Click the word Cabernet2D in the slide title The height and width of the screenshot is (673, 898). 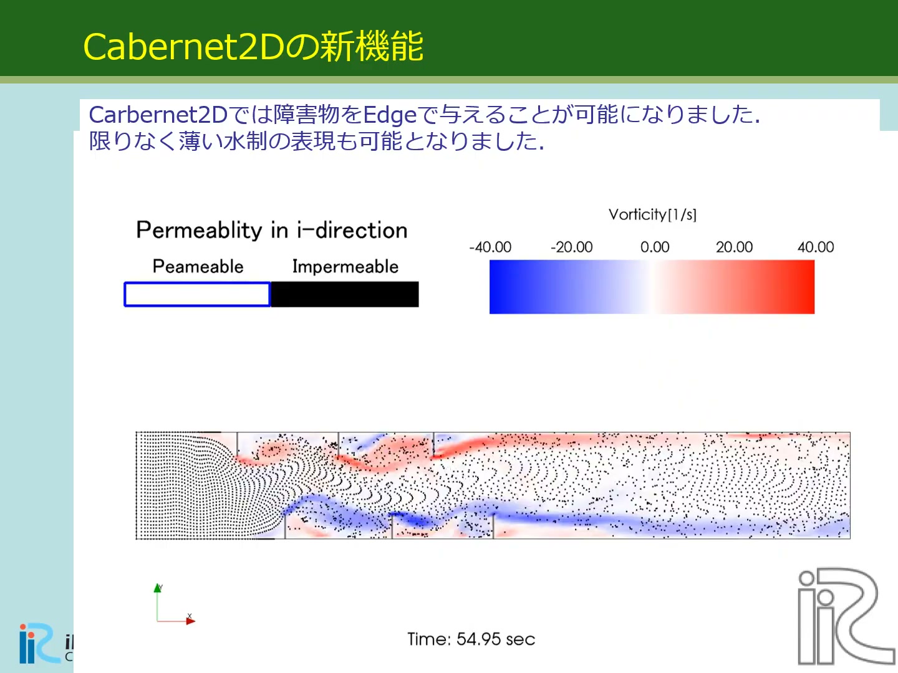click(184, 47)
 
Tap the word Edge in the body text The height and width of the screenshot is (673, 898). click(390, 115)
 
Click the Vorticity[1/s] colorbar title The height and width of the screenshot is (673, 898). click(652, 214)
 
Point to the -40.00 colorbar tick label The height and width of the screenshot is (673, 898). click(490, 247)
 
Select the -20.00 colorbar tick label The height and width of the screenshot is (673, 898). click(571, 247)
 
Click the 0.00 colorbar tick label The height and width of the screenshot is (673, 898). click(655, 247)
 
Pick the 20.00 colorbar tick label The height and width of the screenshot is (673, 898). click(735, 247)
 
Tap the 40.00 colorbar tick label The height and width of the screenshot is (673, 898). click(816, 247)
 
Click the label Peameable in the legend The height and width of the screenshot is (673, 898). click(198, 267)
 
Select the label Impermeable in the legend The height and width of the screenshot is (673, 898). click(345, 267)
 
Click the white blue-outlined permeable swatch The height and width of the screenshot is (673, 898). click(197, 294)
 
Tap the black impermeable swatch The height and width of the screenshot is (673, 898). click(345, 294)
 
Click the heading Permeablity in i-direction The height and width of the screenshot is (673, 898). click(272, 230)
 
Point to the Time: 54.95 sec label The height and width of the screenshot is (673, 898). click(471, 639)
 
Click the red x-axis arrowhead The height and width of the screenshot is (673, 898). click(191, 621)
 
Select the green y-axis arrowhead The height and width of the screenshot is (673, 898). click(158, 588)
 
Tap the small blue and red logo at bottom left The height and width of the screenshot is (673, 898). click(40, 644)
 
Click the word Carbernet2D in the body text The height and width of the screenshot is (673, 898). click(158, 115)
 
